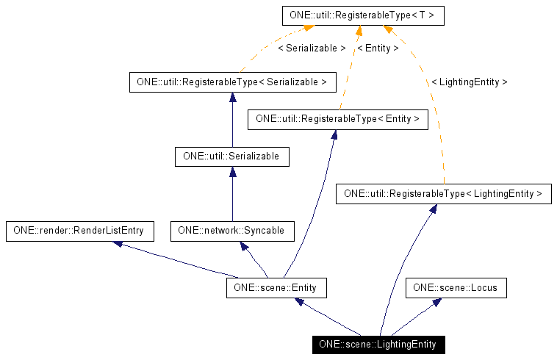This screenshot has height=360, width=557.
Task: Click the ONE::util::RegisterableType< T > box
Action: (x=363, y=15)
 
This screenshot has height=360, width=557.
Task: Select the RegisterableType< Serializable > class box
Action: (x=231, y=82)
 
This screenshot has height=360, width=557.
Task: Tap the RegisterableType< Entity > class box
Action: (x=337, y=119)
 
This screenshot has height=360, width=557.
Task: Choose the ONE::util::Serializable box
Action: (x=231, y=156)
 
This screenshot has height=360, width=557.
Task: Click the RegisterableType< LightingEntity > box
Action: (x=443, y=194)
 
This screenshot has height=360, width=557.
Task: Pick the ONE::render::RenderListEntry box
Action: (x=79, y=231)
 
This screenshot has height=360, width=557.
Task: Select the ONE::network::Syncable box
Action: (x=231, y=231)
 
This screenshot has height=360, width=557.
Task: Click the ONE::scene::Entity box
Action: (x=276, y=288)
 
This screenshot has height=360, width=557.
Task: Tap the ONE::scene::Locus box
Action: (x=456, y=288)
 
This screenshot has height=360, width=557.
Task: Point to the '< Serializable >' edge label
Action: (x=312, y=48)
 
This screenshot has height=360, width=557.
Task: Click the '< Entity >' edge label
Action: (x=378, y=48)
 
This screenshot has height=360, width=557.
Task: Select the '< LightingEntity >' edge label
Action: (x=469, y=82)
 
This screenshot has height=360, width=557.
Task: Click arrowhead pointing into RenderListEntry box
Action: (x=118, y=243)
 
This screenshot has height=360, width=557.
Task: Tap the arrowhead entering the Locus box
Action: (x=436, y=302)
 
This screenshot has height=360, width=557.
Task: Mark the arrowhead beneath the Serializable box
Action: (x=232, y=172)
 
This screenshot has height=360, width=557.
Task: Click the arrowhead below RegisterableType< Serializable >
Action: (x=232, y=98)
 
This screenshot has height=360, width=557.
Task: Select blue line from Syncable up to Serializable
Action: (x=232, y=198)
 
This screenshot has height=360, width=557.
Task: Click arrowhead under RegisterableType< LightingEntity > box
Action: (x=434, y=209)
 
